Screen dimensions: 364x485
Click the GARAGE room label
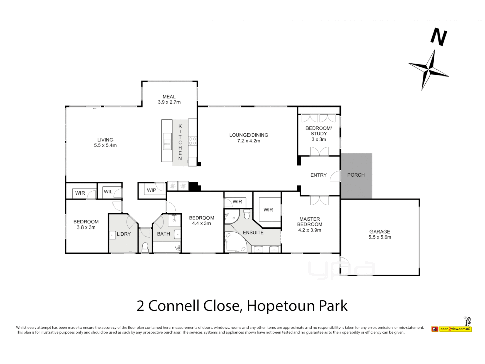click(380, 232)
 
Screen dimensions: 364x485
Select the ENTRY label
click(318, 175)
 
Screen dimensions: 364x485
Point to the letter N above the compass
click(439, 37)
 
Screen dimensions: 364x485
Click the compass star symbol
click(428, 69)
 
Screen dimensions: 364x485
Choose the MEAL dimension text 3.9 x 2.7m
click(169, 102)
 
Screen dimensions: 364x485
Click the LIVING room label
click(105, 140)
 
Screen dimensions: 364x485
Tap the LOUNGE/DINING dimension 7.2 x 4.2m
click(249, 141)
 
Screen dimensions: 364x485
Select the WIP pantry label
click(151, 190)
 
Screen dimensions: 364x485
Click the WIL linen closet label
click(108, 192)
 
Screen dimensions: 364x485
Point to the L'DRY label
click(124, 234)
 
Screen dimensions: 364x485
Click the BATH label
click(163, 234)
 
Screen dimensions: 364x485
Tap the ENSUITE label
click(253, 233)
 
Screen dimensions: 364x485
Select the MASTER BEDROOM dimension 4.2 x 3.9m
click(310, 230)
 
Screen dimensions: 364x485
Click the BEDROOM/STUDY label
click(319, 131)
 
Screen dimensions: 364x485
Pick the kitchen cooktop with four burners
click(192, 141)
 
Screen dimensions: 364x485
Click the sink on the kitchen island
click(167, 142)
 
